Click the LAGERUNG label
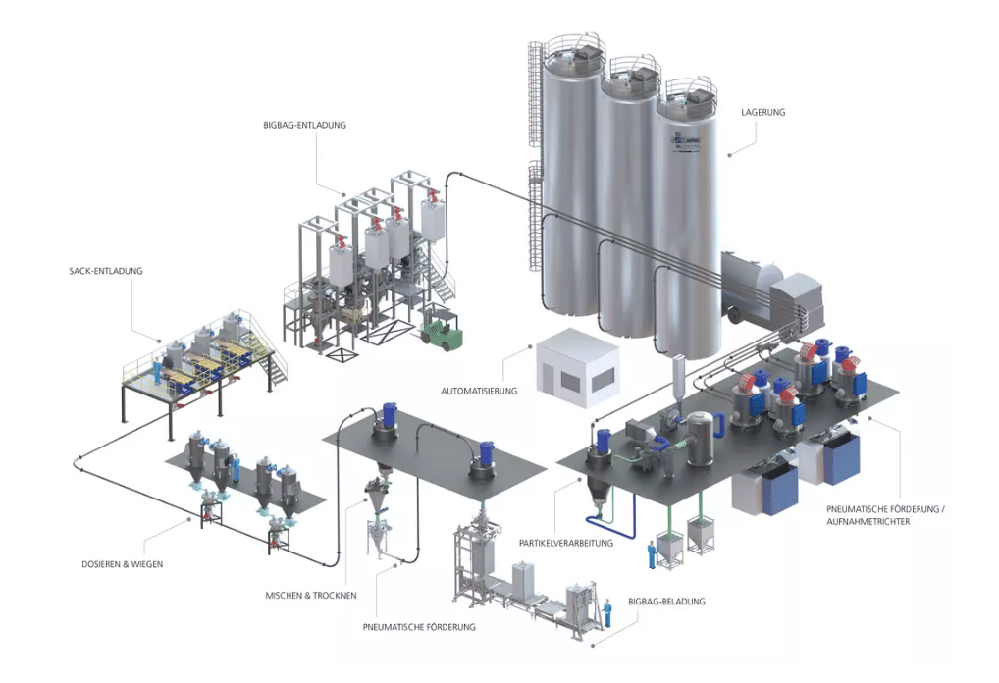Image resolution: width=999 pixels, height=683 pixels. point(762,112)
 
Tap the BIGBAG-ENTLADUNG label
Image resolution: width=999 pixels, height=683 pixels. point(304,125)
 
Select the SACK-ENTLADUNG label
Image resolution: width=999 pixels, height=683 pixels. point(106,271)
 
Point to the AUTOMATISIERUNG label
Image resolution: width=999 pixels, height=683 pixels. point(479,391)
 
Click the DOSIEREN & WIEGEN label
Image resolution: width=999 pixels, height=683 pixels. point(123,564)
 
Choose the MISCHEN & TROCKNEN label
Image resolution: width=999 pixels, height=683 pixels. point(311,595)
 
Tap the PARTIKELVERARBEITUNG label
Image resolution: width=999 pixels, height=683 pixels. point(566,543)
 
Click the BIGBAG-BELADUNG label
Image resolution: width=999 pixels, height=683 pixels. point(666,601)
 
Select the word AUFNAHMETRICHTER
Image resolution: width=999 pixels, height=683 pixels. point(868,522)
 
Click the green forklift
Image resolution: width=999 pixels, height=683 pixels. point(442,329)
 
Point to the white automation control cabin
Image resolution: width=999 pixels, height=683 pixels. point(578,367)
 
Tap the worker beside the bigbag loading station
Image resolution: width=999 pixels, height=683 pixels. point(607,612)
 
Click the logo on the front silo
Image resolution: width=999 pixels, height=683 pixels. point(685,140)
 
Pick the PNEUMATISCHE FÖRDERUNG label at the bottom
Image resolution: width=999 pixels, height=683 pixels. point(419,627)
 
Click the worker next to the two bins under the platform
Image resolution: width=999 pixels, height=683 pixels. point(652,554)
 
